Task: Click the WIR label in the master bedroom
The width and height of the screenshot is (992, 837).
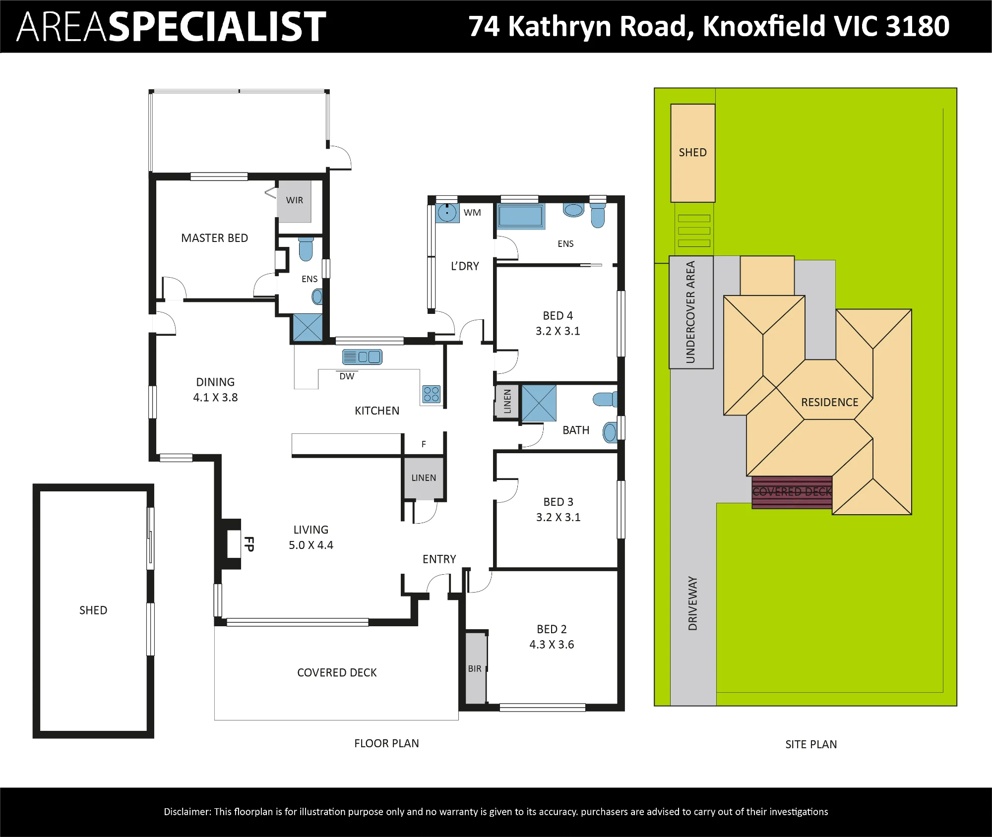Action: pyautogui.click(x=295, y=200)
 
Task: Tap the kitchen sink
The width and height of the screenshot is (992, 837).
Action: pyautogui.click(x=362, y=357)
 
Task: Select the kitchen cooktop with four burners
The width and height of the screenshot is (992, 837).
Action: pyautogui.click(x=432, y=394)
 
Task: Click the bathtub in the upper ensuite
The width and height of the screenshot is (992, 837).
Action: pyautogui.click(x=521, y=216)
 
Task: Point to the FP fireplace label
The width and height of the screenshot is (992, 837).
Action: pyautogui.click(x=249, y=544)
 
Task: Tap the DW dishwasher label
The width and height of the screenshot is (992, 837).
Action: pyautogui.click(x=347, y=376)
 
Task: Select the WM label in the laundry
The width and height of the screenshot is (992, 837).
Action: pyautogui.click(x=472, y=213)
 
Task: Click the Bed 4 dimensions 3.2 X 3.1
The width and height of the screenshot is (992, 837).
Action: pyautogui.click(x=558, y=331)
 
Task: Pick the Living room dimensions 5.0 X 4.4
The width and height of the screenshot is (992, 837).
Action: pyautogui.click(x=311, y=545)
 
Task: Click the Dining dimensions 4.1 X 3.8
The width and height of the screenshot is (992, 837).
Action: pyautogui.click(x=215, y=397)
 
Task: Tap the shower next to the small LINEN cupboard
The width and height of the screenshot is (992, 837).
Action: pyautogui.click(x=539, y=403)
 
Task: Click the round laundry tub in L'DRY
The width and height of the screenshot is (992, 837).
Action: pyautogui.click(x=447, y=213)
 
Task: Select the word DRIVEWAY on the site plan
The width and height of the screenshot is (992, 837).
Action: pyautogui.click(x=693, y=603)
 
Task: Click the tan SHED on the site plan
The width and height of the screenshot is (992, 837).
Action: pyautogui.click(x=693, y=153)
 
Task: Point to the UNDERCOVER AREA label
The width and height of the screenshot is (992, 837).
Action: pyautogui.click(x=690, y=312)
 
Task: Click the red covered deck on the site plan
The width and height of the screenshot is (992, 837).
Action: pyautogui.click(x=792, y=492)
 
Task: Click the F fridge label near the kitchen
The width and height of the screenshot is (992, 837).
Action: pyautogui.click(x=424, y=444)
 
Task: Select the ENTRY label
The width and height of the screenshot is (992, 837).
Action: pyautogui.click(x=439, y=559)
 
